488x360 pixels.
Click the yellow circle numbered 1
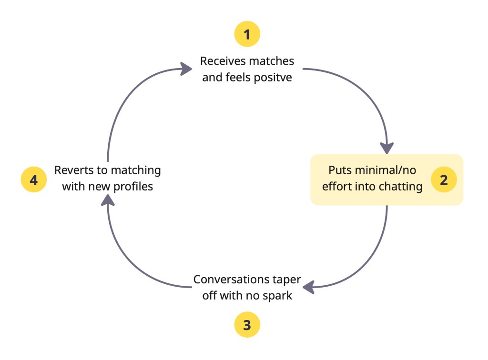247,34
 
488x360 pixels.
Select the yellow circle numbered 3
247,325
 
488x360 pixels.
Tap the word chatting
400,186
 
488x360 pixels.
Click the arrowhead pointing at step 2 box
387,148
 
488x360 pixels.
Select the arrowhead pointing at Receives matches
187,69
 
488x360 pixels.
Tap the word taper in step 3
285,280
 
